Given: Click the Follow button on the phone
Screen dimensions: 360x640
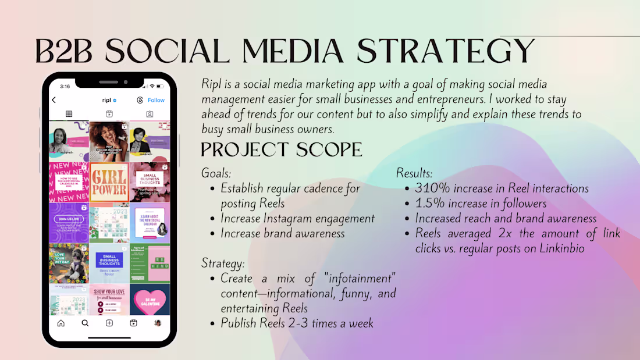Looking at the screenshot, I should pos(156,100).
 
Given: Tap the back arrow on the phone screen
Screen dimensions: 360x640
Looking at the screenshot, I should pos(54,100).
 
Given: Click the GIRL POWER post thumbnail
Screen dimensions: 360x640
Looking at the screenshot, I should pos(109,182).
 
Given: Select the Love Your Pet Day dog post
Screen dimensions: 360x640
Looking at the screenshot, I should pos(69,263).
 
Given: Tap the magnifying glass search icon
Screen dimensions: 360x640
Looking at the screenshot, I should pos(85,323).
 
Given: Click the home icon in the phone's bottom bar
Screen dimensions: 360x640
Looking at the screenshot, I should pos(61,323).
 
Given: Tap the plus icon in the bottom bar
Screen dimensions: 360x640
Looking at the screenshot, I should pos(109,323).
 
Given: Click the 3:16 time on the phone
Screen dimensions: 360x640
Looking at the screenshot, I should pos(65,86).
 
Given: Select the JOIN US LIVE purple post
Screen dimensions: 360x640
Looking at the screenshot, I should pos(69,223).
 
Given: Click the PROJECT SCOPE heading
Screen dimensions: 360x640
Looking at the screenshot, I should pos(282,149).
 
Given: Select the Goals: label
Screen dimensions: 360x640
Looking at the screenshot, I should pos(216,173).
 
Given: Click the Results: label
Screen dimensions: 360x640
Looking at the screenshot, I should pos(414,173).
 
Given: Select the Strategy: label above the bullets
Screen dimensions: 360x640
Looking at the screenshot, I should pos(223,263).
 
